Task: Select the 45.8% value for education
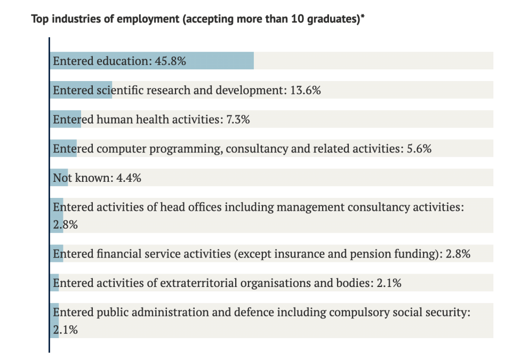pyautogui.click(x=170, y=61)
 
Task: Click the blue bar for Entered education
pyautogui.click(x=224, y=61)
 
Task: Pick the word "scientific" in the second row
pyautogui.click(x=120, y=90)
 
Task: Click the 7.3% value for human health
pyautogui.click(x=237, y=119)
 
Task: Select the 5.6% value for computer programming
pyautogui.click(x=419, y=149)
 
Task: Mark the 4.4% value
pyautogui.click(x=129, y=178)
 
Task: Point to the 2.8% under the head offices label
pyautogui.click(x=65, y=225)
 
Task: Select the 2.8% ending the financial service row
pyautogui.click(x=458, y=254)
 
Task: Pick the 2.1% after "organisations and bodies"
pyautogui.click(x=389, y=283)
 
